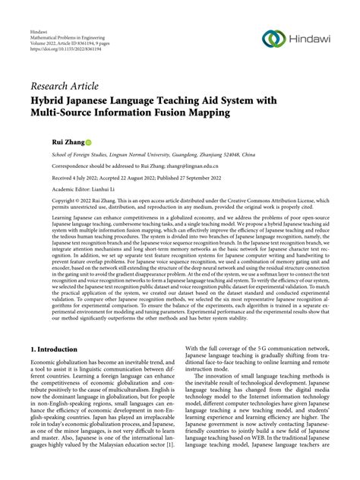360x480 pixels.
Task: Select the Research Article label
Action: [64, 84]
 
